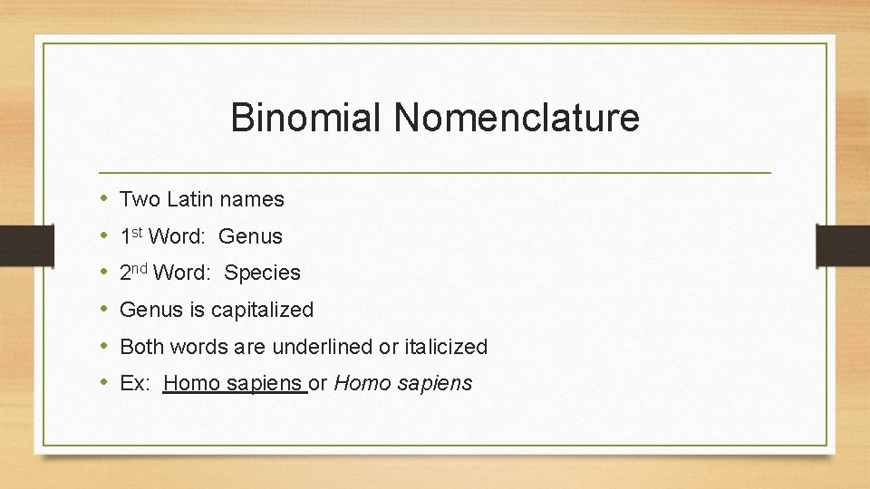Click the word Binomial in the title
[x=304, y=119]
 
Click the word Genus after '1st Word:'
[x=250, y=236]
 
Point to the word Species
[x=262, y=273]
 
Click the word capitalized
[x=262, y=310]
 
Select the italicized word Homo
[x=361, y=383]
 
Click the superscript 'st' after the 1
[x=138, y=232]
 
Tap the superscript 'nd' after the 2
[x=140, y=268]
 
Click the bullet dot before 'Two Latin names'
[x=105, y=198]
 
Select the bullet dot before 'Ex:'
[x=105, y=382]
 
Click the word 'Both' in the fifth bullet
[x=140, y=347]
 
